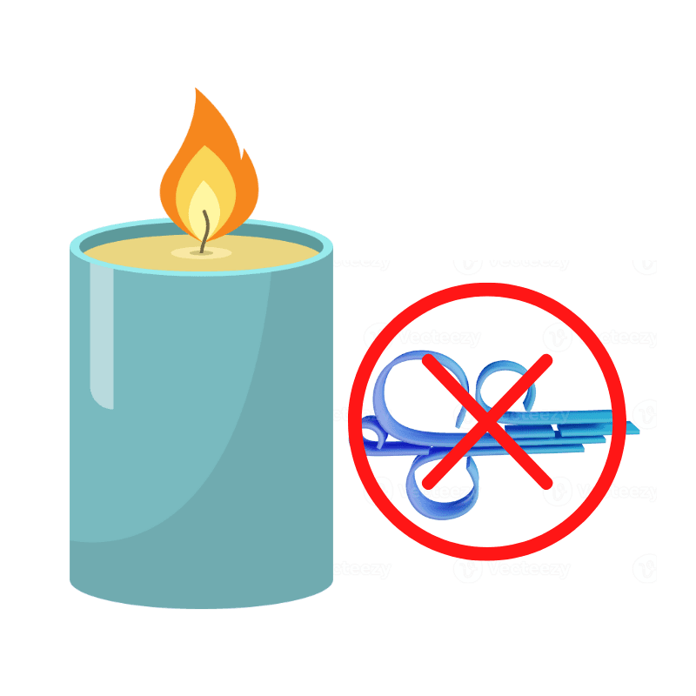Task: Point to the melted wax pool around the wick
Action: click(202, 253)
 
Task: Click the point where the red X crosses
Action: click(487, 420)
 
